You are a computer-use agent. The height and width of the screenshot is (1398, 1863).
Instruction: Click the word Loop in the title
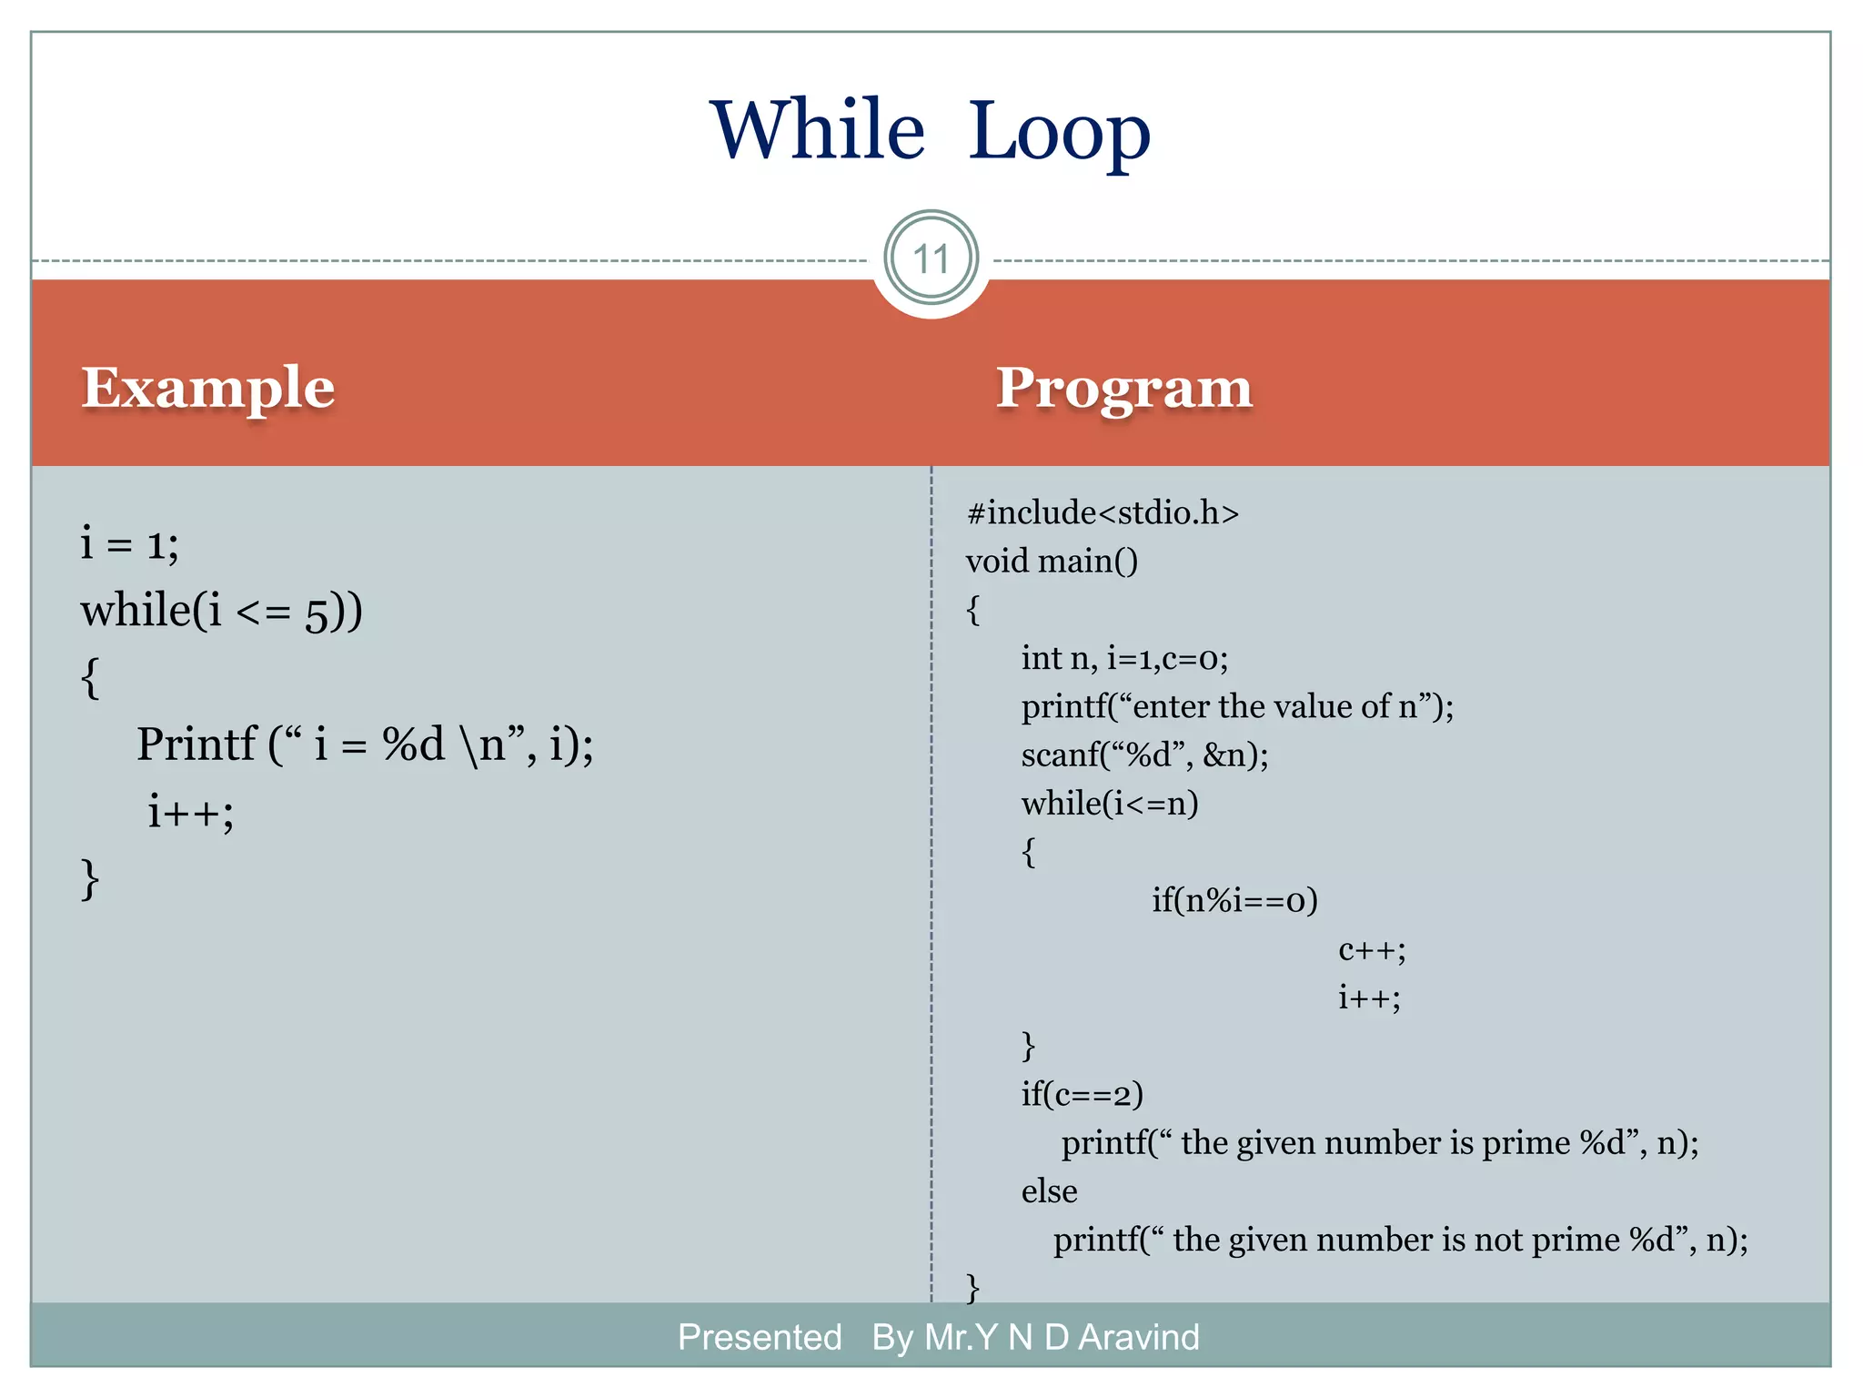(1059, 132)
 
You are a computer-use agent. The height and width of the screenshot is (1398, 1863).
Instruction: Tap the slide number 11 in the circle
(931, 259)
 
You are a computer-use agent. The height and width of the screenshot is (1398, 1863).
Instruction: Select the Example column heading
(208, 388)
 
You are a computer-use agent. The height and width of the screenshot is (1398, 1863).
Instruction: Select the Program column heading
(1124, 388)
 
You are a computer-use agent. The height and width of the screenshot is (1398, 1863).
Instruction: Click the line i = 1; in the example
(129, 543)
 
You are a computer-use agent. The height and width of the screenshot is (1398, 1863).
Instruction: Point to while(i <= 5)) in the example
(221, 610)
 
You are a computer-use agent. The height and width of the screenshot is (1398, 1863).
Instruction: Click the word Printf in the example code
(196, 745)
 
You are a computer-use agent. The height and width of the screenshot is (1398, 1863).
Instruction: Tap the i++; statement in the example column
(191, 811)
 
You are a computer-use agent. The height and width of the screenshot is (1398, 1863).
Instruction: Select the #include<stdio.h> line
(1103, 512)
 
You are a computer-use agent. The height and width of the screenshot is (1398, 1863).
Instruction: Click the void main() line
(1052, 561)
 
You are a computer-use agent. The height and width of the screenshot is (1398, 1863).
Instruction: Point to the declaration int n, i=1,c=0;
(1124, 658)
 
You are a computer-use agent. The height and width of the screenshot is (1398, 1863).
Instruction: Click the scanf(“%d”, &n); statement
(1144, 755)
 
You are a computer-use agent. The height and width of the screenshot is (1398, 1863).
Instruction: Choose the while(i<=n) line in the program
(1110, 803)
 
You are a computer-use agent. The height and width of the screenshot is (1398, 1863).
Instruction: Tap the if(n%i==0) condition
(1234, 900)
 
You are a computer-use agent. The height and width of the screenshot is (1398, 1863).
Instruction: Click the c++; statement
(1372, 949)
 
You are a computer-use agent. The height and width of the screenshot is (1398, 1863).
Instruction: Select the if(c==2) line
(1082, 1094)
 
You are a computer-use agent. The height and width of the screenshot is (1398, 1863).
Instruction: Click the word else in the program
(1049, 1191)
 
